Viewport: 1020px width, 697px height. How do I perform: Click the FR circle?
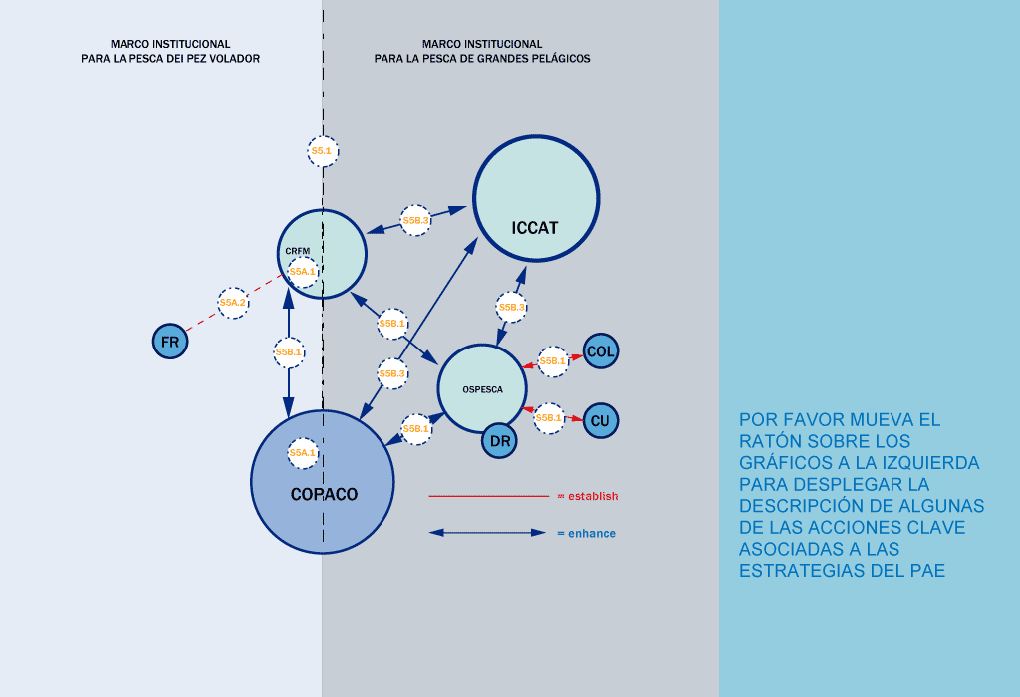pyautogui.click(x=170, y=343)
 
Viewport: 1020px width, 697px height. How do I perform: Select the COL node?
pyautogui.click(x=601, y=351)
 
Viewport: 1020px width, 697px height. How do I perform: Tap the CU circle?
pyautogui.click(x=600, y=420)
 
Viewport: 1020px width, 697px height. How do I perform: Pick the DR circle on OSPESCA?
pyautogui.click(x=500, y=440)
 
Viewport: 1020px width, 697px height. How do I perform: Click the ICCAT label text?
pyautogui.click(x=534, y=228)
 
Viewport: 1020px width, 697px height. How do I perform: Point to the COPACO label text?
pyautogui.click(x=324, y=494)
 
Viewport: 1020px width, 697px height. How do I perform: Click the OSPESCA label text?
pyautogui.click(x=482, y=389)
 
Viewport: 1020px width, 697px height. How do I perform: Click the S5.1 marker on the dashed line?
pyautogui.click(x=322, y=151)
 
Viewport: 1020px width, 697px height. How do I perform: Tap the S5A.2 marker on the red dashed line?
pyautogui.click(x=233, y=302)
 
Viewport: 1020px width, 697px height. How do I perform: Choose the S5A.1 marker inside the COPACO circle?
pyautogui.click(x=302, y=453)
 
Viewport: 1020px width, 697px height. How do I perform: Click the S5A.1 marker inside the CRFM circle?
pyautogui.click(x=302, y=271)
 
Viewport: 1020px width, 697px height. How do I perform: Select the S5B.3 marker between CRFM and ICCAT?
pyautogui.click(x=415, y=220)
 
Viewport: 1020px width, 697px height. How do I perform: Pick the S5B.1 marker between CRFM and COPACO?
pyautogui.click(x=289, y=351)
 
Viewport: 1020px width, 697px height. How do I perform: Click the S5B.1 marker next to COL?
pyautogui.click(x=552, y=360)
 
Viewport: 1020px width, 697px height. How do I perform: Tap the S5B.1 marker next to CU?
pyautogui.click(x=549, y=418)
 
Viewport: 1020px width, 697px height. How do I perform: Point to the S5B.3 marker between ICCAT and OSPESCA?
pyautogui.click(x=511, y=308)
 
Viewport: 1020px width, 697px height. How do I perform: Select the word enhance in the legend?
pyautogui.click(x=591, y=534)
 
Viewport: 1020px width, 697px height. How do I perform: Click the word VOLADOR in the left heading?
pyautogui.click(x=232, y=59)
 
